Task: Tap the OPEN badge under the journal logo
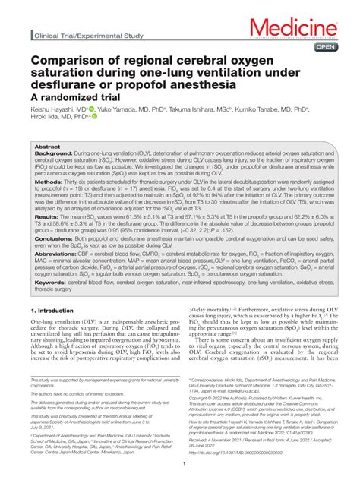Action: coord(326,46)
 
